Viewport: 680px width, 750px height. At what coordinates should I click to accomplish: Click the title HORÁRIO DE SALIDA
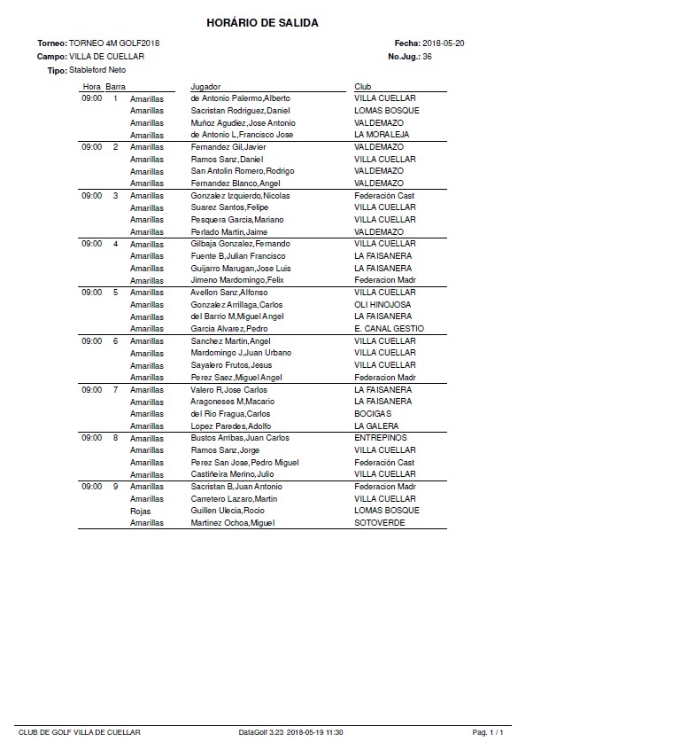point(262,22)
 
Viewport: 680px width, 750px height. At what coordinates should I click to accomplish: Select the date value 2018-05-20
point(445,43)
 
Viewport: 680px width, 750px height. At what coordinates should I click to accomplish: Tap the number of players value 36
point(427,56)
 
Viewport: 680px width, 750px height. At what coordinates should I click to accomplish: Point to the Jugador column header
point(205,86)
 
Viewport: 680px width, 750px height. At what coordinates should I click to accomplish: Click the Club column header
point(362,86)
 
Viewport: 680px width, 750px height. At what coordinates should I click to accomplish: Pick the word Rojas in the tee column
point(140,511)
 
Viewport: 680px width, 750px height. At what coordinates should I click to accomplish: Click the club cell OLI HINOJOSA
point(382,304)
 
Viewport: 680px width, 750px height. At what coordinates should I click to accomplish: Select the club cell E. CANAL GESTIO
point(389,329)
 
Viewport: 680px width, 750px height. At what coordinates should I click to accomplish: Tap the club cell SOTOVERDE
point(379,523)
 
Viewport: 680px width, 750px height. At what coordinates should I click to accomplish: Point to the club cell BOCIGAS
point(372,413)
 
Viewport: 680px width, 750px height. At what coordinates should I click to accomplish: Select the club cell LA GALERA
point(376,426)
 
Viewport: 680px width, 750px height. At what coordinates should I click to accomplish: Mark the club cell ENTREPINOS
point(380,438)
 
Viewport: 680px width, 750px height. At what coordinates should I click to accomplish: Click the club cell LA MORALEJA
point(382,135)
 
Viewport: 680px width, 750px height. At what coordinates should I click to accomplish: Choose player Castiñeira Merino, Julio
point(233,474)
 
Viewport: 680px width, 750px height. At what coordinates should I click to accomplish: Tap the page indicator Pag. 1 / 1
point(488,732)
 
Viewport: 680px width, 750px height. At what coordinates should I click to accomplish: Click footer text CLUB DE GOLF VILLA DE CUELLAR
point(79,732)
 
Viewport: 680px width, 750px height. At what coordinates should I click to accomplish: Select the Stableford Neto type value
point(97,69)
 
